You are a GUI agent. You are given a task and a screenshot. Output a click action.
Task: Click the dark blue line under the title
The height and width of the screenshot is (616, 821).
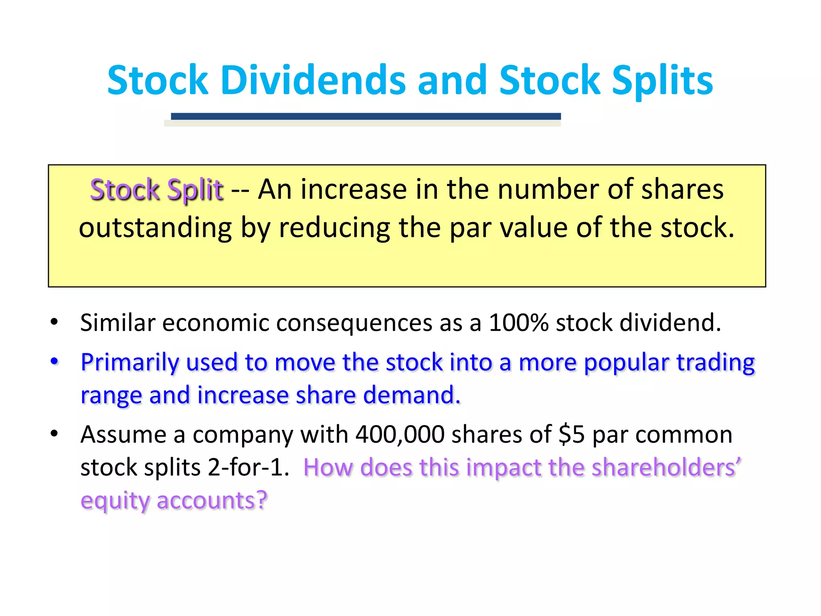(x=366, y=116)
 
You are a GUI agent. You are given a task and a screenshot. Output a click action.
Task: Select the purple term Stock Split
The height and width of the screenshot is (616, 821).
(x=156, y=189)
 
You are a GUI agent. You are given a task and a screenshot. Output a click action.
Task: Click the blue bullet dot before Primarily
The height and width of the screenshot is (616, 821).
(x=55, y=361)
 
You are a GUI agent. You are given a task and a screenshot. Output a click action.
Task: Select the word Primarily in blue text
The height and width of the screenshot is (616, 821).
(x=129, y=363)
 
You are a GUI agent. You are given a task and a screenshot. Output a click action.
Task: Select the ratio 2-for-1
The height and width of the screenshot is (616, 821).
(x=249, y=467)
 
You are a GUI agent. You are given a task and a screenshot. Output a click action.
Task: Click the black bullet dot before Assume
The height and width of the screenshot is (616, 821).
(x=55, y=434)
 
